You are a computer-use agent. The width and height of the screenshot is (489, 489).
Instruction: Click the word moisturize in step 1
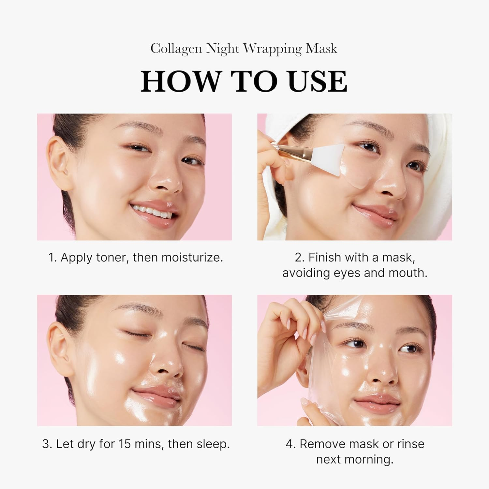(192, 258)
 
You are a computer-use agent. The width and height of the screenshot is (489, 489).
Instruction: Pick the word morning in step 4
(371, 459)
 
